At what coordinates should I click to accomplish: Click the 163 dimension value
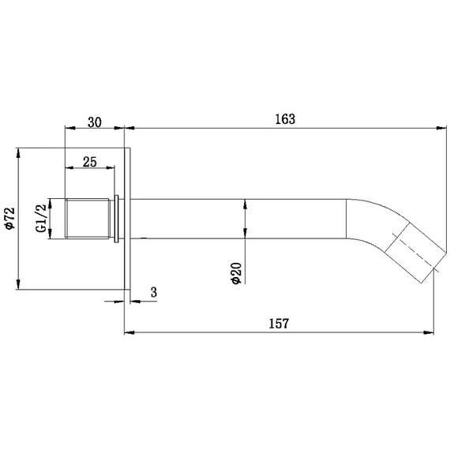(285, 119)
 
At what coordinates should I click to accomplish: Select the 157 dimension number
(279, 324)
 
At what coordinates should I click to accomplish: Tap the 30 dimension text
(95, 122)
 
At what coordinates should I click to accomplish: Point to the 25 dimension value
(90, 162)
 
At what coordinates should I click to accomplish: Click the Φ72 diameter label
(9, 219)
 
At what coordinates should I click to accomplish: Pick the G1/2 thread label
(41, 218)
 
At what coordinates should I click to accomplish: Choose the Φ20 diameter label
(237, 273)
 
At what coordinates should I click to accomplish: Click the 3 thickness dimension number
(154, 292)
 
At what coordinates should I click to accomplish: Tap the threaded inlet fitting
(88, 219)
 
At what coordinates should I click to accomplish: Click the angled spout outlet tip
(434, 263)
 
